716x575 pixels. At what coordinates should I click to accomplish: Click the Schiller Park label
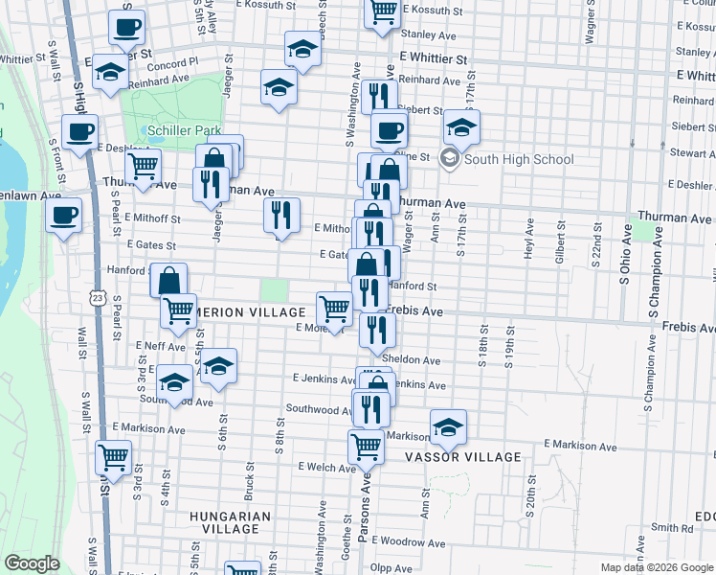(181, 130)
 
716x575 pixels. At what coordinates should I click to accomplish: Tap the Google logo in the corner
(32, 563)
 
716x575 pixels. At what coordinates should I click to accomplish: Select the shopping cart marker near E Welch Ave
(366, 446)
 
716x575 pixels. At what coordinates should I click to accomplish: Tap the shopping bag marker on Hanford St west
(168, 281)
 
